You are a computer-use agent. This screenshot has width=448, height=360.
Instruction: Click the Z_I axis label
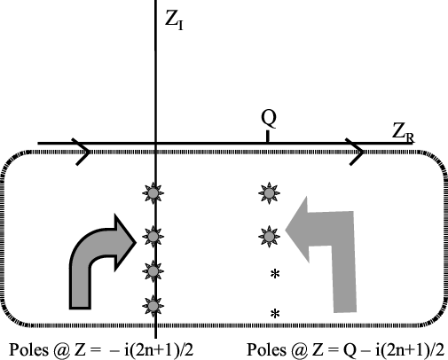[174, 20]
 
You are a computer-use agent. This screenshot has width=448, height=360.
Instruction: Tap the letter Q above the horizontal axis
[269, 120]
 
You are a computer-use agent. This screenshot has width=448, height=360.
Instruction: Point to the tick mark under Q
[268, 137]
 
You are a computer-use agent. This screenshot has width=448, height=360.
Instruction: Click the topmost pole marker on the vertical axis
[153, 193]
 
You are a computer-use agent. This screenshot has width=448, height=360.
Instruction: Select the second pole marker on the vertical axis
[153, 237]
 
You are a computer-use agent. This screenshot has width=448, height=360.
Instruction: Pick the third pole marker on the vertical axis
[153, 271]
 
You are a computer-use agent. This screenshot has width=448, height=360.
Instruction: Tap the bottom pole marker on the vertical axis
[153, 306]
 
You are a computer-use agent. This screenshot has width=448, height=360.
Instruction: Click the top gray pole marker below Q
[269, 193]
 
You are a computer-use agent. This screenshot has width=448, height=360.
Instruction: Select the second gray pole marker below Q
[269, 237]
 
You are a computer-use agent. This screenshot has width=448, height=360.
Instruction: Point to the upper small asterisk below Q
[275, 274]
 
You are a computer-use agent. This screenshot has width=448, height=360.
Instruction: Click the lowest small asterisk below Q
[275, 314]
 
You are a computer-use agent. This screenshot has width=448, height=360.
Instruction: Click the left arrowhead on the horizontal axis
[83, 152]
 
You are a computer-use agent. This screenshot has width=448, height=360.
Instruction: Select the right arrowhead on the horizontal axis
[357, 152]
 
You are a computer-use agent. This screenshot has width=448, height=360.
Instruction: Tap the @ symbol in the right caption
[299, 350]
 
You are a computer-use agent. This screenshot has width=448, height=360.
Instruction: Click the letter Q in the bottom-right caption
[350, 350]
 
